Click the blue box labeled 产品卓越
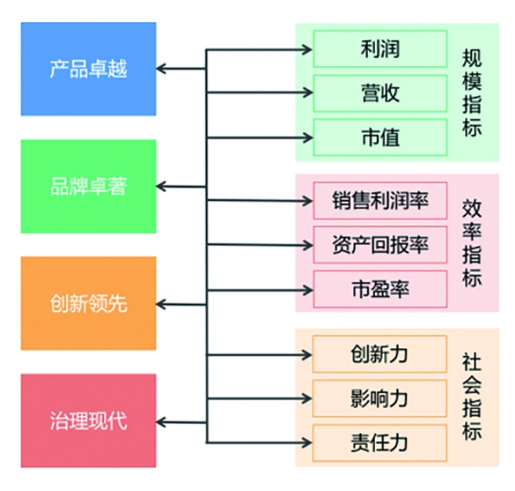(x=88, y=68)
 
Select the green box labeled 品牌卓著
(x=88, y=186)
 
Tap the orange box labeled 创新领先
(x=88, y=303)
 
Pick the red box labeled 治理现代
(x=88, y=420)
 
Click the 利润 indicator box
(x=380, y=49)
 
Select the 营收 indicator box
(x=380, y=93)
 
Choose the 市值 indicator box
(x=380, y=137)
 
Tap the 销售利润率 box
(x=380, y=200)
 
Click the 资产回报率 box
(x=380, y=244)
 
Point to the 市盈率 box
(x=380, y=289)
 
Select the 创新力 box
(x=380, y=354)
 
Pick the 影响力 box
(x=380, y=398)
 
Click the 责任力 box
(x=380, y=442)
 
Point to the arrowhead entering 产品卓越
(x=162, y=68)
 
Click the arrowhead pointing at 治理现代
(x=162, y=421)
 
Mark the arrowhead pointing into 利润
(x=308, y=49)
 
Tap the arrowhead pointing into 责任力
(x=308, y=442)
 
